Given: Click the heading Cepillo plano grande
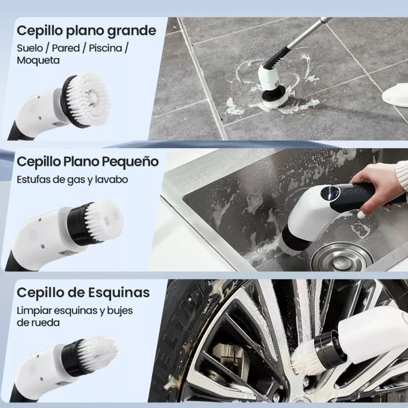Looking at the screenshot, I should point(86,31).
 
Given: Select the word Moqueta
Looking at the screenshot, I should point(38,60).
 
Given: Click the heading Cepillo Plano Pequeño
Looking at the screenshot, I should point(88,162).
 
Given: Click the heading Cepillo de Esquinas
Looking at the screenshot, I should point(83,292).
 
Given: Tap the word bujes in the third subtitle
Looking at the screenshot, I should point(120,311).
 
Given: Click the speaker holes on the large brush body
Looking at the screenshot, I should point(33,109).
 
